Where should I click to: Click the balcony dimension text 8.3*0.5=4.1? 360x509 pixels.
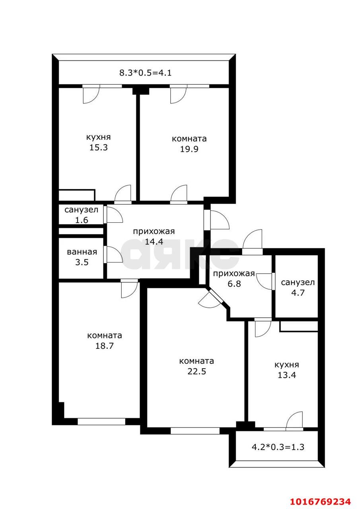pyautogui.click(x=145, y=73)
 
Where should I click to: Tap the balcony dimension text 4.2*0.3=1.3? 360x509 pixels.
pyautogui.click(x=278, y=447)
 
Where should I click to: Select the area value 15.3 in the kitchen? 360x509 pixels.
pyautogui.click(x=98, y=148)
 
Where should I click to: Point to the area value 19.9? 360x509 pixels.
pyautogui.click(x=189, y=149)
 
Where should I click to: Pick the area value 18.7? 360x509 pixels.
pyautogui.click(x=104, y=346)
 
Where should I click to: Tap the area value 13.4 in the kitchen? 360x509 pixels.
pyautogui.click(x=286, y=375)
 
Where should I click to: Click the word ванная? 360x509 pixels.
pyautogui.click(x=82, y=252)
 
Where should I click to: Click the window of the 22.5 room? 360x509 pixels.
pyautogui.click(x=195, y=431)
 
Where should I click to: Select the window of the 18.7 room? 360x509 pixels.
pyautogui.click(x=101, y=421)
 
